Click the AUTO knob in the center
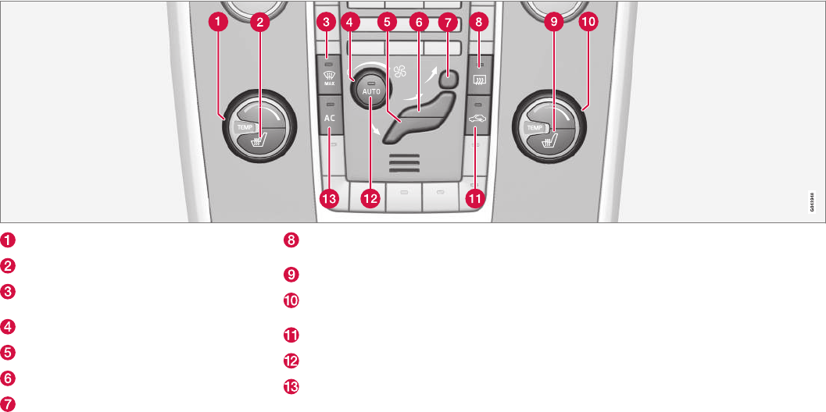pos(370,90)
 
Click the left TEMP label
pos(245,125)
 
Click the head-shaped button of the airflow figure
pos(446,77)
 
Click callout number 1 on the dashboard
pos(223,23)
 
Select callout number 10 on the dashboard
pos(587,23)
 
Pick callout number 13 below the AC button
pos(329,199)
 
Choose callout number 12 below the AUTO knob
pos(370,199)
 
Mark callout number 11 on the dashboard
pos(474,199)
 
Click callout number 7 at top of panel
pos(447,23)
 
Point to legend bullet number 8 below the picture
pos(291,240)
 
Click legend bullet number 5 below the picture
pos(7,352)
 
